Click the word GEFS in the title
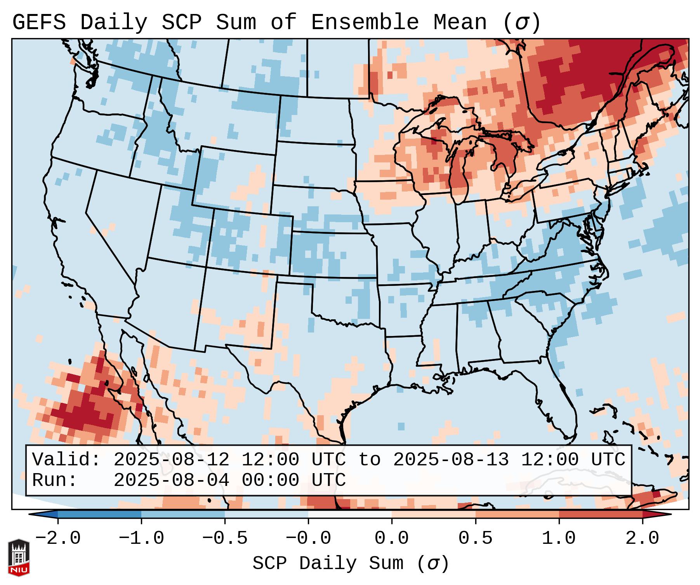click(x=39, y=23)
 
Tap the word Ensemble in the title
click(x=365, y=23)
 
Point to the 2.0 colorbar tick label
click(x=642, y=538)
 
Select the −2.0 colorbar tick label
click(x=58, y=538)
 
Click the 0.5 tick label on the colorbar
click(x=475, y=538)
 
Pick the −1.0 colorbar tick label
click(x=141, y=538)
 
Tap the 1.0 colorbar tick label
click(x=559, y=538)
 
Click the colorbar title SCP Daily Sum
click(x=328, y=563)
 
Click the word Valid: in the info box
click(x=66, y=460)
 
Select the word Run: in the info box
click(x=55, y=480)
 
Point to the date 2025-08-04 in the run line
click(x=171, y=480)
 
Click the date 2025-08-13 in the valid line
click(x=451, y=460)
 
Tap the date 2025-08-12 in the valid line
click(x=171, y=460)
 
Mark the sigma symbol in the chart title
click(x=521, y=23)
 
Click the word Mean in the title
click(x=460, y=23)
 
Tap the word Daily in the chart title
click(x=113, y=23)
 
